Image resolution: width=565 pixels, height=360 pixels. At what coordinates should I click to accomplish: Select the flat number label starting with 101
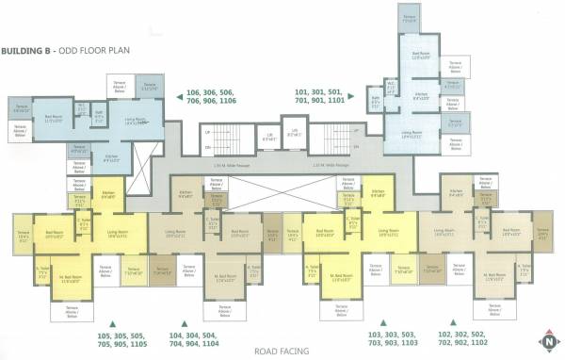[320, 99]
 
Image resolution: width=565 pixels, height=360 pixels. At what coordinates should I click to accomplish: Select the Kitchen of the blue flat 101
[422, 96]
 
